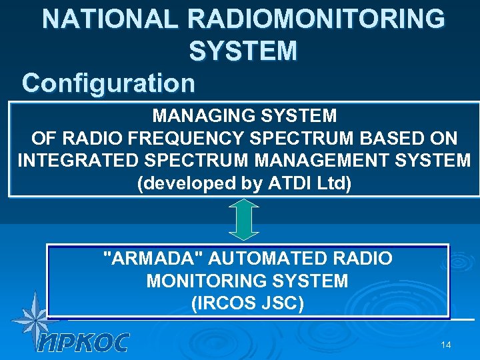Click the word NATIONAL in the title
pyautogui.click(x=111, y=19)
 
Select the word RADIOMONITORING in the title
pyautogui.click(x=317, y=19)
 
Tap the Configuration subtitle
pyautogui.click(x=109, y=83)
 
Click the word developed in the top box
pyautogui.click(x=183, y=184)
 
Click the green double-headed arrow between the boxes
pyautogui.click(x=244, y=219)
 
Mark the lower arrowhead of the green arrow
pyautogui.click(x=244, y=234)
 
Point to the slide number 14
pyautogui.click(x=446, y=345)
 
